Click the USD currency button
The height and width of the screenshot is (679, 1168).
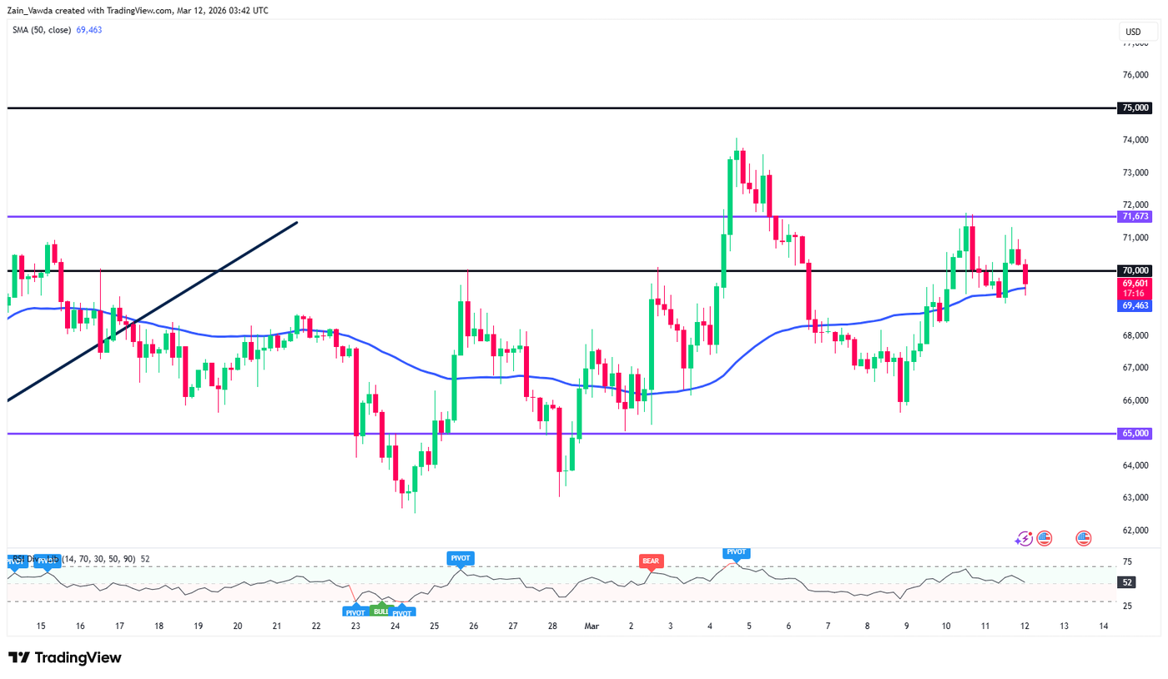point(1133,33)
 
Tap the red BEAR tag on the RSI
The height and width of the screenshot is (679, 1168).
point(650,561)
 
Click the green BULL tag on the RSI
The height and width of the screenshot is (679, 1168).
point(380,611)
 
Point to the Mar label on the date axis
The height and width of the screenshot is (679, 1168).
point(591,626)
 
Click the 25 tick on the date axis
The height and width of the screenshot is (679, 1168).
point(434,626)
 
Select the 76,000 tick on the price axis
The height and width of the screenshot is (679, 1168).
point(1135,75)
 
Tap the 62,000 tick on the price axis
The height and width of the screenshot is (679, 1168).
point(1135,531)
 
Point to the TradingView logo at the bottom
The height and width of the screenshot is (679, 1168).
point(65,657)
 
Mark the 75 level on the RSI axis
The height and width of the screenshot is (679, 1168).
point(1128,561)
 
